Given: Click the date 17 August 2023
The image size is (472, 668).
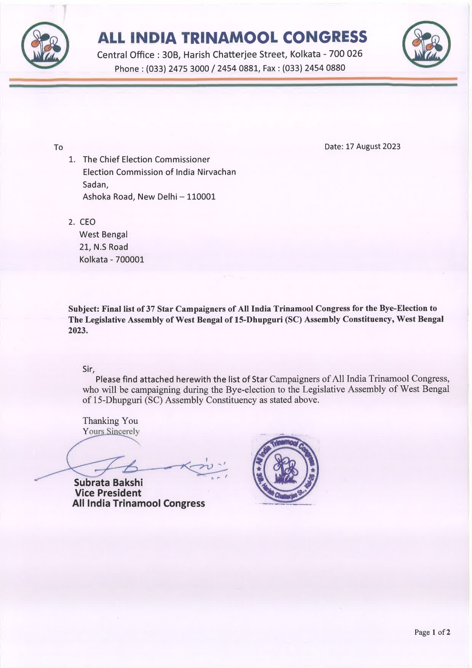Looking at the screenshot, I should [373, 147].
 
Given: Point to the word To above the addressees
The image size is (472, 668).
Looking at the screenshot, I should [59, 147].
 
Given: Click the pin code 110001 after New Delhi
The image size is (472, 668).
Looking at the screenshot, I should [201, 197].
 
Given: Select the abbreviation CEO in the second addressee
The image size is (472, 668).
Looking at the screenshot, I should [87, 222].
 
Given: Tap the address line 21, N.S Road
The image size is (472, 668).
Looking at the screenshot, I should [104, 247].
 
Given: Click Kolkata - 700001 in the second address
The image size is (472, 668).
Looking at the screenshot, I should [111, 259].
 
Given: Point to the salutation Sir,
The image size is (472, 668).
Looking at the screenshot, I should [89, 369].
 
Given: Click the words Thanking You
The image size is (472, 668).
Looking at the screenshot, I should [110, 421].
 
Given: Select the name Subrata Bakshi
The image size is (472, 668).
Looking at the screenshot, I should [108, 483].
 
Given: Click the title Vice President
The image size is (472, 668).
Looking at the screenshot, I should [108, 493].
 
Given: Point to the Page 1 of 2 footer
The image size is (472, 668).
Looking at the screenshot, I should [432, 632].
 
